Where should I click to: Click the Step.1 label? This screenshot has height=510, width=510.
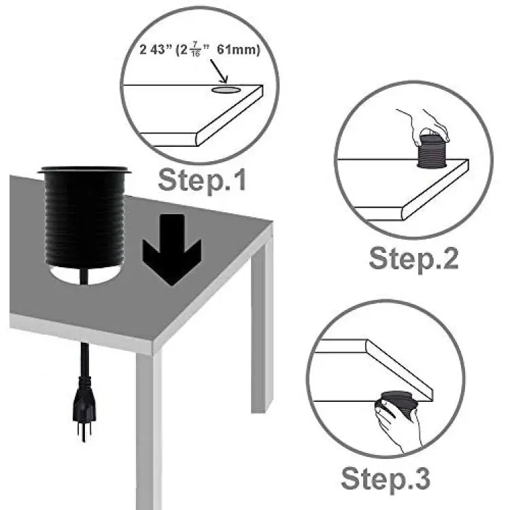tap(202, 180)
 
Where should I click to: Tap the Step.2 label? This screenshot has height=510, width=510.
tap(413, 258)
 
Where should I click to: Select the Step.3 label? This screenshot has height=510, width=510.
tap(386, 478)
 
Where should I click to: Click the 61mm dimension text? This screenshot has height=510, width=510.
tap(239, 50)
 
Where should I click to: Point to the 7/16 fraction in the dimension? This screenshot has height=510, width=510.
tap(195, 49)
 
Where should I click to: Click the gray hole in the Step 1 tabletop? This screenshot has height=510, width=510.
tap(226, 90)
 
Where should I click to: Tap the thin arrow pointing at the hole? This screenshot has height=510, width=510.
tap(218, 71)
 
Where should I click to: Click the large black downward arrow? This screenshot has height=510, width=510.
tap(172, 250)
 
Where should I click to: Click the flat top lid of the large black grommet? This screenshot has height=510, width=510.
tap(84, 170)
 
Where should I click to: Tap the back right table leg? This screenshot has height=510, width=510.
tap(262, 325)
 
